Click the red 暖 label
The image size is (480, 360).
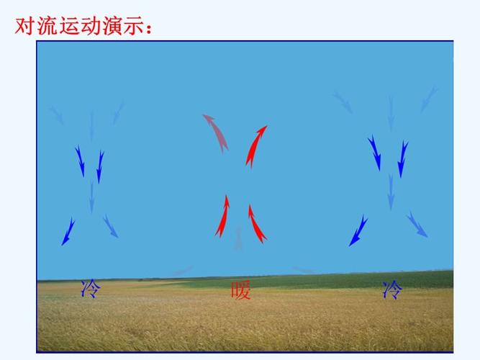[x=241, y=290]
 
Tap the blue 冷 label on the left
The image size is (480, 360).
[x=91, y=289]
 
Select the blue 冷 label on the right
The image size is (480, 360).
[x=393, y=289]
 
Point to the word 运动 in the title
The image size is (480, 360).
[x=86, y=27]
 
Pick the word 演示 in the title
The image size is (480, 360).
[x=131, y=27]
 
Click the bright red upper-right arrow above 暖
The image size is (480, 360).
[x=256, y=145]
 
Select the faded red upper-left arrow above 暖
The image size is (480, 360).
[x=215, y=132]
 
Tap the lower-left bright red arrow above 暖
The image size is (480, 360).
[x=222, y=215]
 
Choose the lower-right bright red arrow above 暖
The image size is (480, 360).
[x=257, y=223]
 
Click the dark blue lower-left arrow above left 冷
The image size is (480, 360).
[x=68, y=230]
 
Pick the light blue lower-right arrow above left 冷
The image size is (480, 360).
[x=110, y=226]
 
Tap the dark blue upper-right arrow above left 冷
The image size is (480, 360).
[x=99, y=166]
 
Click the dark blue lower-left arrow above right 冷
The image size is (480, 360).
[x=358, y=230]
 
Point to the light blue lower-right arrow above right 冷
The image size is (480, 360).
[x=417, y=224]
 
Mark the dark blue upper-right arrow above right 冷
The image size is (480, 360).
[x=402, y=158]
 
